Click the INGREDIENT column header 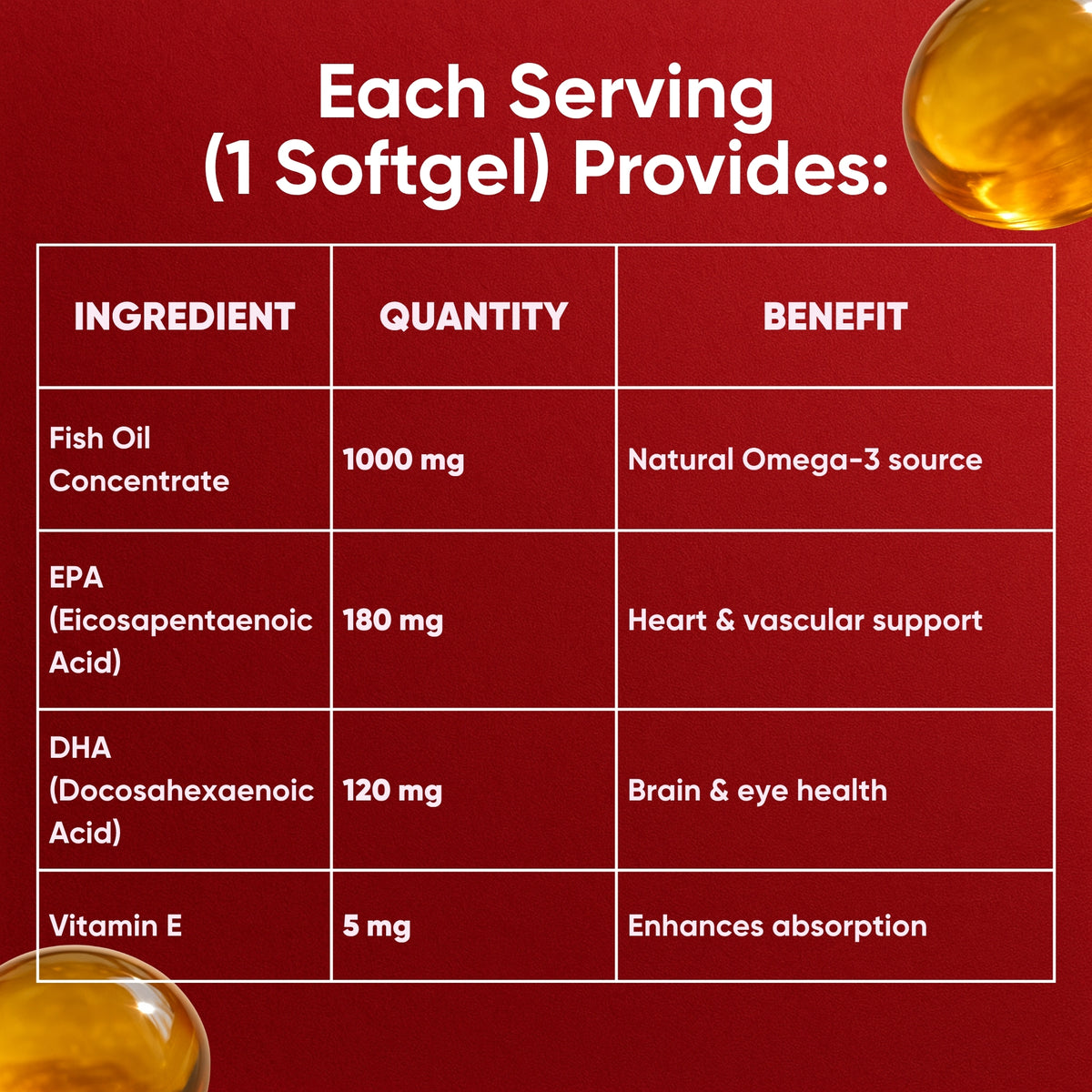[x=184, y=317]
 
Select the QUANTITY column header [x=473, y=317]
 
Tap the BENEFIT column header [x=834, y=317]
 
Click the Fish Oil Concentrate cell [x=138, y=460]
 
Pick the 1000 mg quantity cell [x=403, y=460]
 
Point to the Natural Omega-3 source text [x=804, y=460]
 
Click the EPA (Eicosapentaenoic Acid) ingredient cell [x=180, y=620]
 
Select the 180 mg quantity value [x=392, y=621]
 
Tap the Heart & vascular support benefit [x=804, y=621]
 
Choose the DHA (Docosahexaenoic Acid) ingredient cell [x=180, y=790]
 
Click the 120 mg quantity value [x=392, y=791]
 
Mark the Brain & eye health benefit [x=757, y=791]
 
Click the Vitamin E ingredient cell [x=116, y=926]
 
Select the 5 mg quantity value [x=376, y=926]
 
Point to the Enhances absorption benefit [x=777, y=926]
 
